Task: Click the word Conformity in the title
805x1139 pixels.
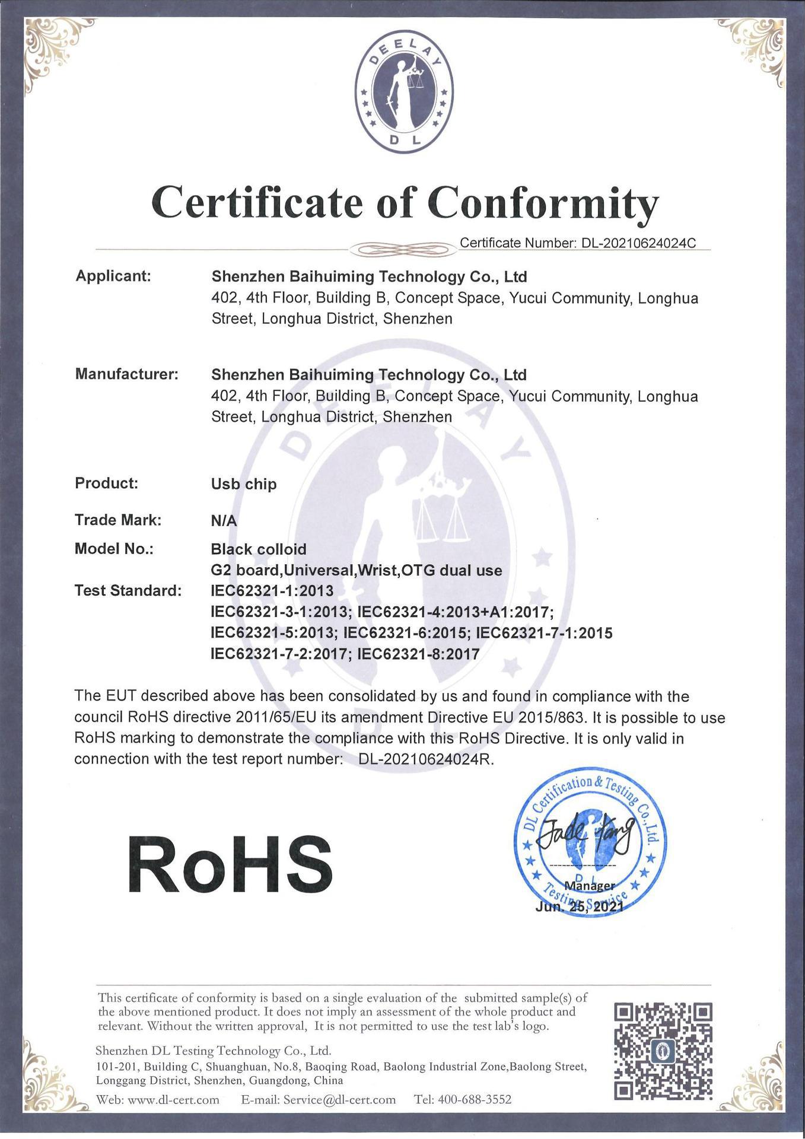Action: pyautogui.click(x=543, y=203)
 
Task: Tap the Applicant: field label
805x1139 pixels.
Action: pyautogui.click(x=113, y=276)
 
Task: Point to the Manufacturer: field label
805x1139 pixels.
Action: pyautogui.click(x=126, y=374)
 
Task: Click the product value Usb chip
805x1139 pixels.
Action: pyautogui.click(x=244, y=484)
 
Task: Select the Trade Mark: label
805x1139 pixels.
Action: pyautogui.click(x=118, y=520)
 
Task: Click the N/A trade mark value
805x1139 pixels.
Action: pyautogui.click(x=224, y=521)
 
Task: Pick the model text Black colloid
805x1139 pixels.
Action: pyautogui.click(x=259, y=549)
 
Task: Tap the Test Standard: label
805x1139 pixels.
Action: pyautogui.click(x=128, y=591)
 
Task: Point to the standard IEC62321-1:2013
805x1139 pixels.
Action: pyautogui.click(x=272, y=591)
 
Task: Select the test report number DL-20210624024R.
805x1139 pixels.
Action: pyautogui.click(x=426, y=759)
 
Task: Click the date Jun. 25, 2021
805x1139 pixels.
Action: pyautogui.click(x=579, y=907)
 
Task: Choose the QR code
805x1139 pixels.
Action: pyautogui.click(x=663, y=1051)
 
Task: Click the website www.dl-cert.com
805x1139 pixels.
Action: pyautogui.click(x=174, y=1100)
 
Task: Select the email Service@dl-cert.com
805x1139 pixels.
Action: pyautogui.click(x=339, y=1100)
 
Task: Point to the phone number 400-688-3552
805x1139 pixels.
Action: pyautogui.click(x=474, y=1100)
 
